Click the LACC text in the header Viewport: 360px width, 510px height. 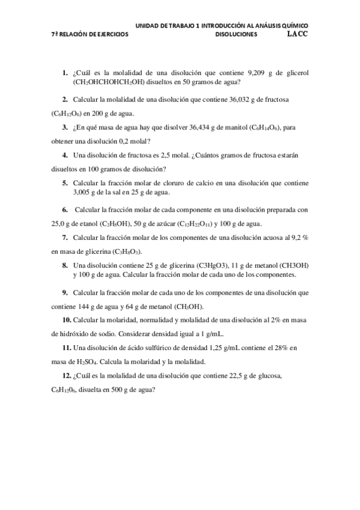[x=297, y=34]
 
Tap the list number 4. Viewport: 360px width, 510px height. [x=64, y=155]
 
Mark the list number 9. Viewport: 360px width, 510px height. [x=64, y=292]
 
